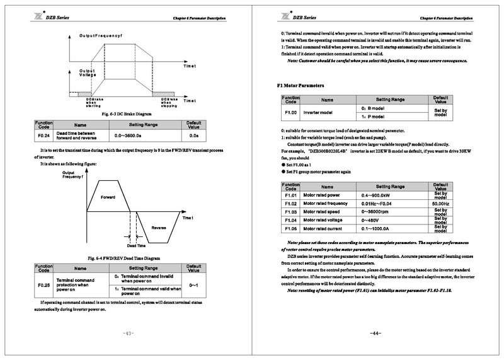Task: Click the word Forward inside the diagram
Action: (108, 197)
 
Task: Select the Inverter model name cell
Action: (321, 112)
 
